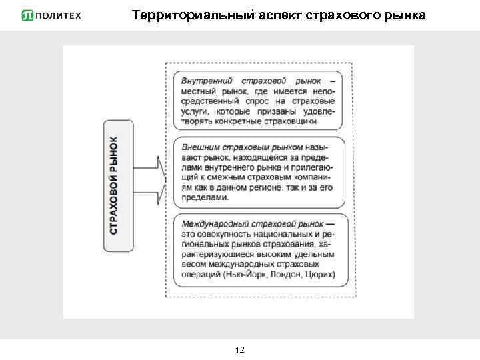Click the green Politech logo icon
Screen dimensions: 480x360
(28, 15)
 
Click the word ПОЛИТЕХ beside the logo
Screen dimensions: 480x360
(59, 15)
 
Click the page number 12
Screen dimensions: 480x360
(240, 349)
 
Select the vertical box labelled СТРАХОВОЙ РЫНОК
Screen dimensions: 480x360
(114, 185)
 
